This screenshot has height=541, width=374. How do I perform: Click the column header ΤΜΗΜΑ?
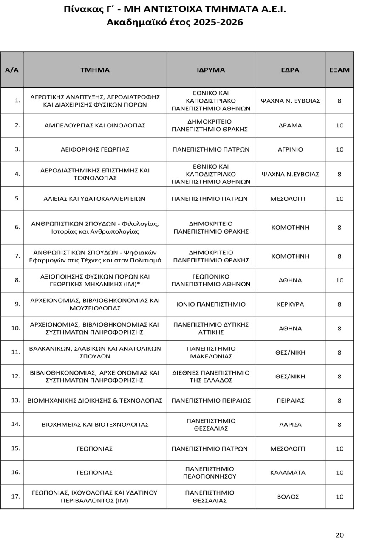coord(95,70)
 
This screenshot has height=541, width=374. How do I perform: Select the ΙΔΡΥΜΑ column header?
coord(211,70)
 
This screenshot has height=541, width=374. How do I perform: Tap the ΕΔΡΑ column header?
coord(290,70)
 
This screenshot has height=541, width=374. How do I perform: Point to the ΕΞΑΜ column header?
coord(340,70)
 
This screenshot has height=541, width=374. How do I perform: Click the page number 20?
coord(340,535)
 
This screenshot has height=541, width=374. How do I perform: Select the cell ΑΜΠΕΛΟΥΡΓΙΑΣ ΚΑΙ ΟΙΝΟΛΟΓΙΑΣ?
coord(95,125)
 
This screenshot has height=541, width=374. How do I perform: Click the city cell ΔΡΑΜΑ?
coord(290,125)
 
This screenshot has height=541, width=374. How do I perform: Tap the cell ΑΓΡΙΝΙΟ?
coord(290,149)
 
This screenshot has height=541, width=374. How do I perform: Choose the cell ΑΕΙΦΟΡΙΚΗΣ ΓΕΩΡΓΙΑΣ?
coord(95,149)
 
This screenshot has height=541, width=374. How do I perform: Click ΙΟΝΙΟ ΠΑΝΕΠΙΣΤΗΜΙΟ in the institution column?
coord(211,304)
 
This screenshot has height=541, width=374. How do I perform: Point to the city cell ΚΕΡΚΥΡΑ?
coord(290,304)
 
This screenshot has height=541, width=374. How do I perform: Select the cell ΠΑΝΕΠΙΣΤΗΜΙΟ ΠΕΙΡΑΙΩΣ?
coord(211,400)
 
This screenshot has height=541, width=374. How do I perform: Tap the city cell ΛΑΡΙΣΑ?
coord(290,424)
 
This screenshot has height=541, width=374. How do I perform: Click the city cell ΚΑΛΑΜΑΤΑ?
coord(290,473)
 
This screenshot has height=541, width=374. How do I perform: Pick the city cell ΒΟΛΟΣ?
coord(290,496)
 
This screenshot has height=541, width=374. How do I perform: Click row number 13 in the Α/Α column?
coord(16,400)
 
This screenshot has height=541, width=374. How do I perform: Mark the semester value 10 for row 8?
coord(340,280)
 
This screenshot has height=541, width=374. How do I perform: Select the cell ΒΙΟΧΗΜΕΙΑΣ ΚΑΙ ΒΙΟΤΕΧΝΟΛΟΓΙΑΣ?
coord(95,424)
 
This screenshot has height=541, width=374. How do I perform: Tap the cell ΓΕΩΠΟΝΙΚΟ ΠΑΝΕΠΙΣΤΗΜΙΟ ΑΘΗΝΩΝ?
coord(211,280)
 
